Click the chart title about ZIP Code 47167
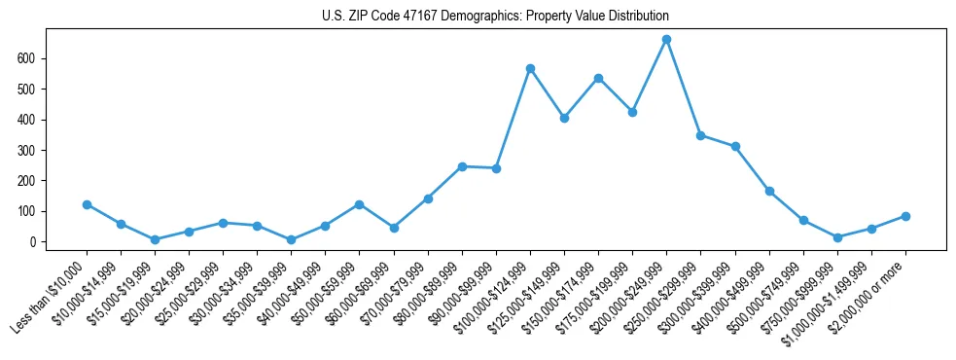(x=495, y=16)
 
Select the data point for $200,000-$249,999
(x=666, y=40)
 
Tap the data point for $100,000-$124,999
(x=530, y=68)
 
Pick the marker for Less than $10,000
(x=87, y=204)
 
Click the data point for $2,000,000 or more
(x=905, y=216)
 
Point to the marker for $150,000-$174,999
(x=598, y=78)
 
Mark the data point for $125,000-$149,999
(x=564, y=118)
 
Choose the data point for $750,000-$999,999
(x=837, y=237)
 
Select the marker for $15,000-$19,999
(x=155, y=239)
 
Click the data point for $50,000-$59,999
(x=359, y=204)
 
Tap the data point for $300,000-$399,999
(x=735, y=147)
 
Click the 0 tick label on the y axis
(x=33, y=241)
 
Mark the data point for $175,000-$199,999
(x=632, y=112)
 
